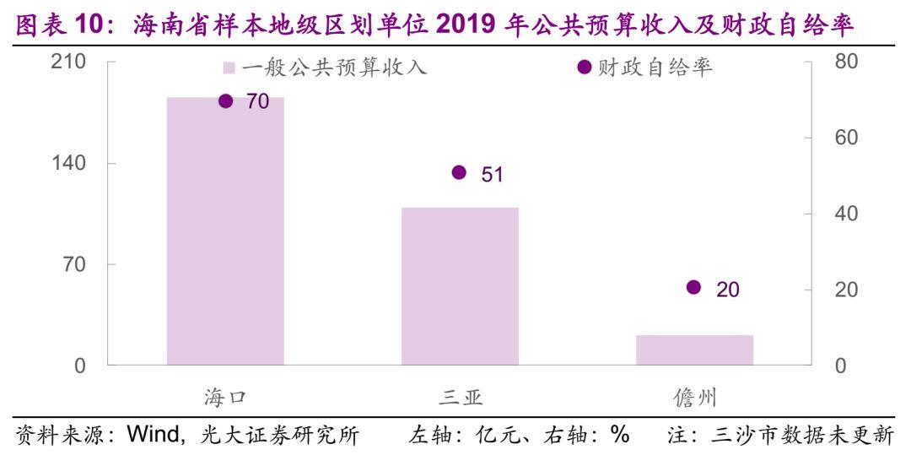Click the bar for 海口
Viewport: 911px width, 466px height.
225,231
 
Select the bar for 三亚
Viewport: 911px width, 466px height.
460,286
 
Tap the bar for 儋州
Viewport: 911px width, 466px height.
694,350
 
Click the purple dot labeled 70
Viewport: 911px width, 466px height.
225,101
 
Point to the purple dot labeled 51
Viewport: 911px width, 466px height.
460,172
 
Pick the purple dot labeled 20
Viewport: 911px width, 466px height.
693,288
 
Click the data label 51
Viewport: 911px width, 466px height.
492,175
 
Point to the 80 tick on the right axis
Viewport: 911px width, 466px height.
846,62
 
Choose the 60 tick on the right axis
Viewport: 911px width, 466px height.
846,138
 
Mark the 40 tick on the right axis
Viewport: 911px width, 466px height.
846,214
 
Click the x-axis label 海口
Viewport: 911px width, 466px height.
225,397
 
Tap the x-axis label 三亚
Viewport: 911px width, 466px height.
461,397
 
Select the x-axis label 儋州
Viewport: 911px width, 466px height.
694,397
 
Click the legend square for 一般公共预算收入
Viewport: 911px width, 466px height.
229,68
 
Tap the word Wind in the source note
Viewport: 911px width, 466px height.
149,436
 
